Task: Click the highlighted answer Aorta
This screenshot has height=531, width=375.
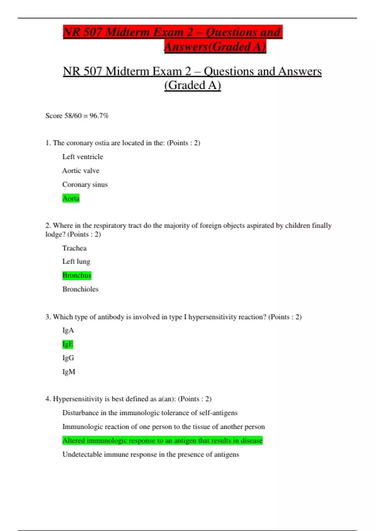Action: pos(71,198)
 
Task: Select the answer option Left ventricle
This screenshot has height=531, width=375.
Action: pos(82,157)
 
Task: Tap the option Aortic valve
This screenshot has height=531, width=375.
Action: pos(81,171)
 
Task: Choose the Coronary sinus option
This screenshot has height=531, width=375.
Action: pos(85,185)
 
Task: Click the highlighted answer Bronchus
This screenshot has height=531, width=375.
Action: pos(77,275)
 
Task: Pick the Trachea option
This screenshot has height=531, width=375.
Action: pos(74,248)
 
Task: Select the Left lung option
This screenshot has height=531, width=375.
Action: pos(76,261)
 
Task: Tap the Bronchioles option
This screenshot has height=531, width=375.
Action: pos(80,289)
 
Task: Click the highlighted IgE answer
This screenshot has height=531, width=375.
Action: pos(68,344)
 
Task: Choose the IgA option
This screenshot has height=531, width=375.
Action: pos(68,330)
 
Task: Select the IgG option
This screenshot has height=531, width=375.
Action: pos(68,358)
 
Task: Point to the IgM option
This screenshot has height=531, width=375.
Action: pos(69,372)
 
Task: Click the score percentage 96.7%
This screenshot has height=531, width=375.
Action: pos(99,116)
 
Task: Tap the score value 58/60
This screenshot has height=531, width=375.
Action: pos(73,116)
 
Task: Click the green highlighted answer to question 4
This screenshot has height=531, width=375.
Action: pos(162,440)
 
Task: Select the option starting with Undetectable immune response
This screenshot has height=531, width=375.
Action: pos(151,454)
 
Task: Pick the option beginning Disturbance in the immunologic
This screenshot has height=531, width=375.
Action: pos(150,413)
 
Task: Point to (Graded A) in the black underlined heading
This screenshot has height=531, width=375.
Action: pos(192,85)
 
